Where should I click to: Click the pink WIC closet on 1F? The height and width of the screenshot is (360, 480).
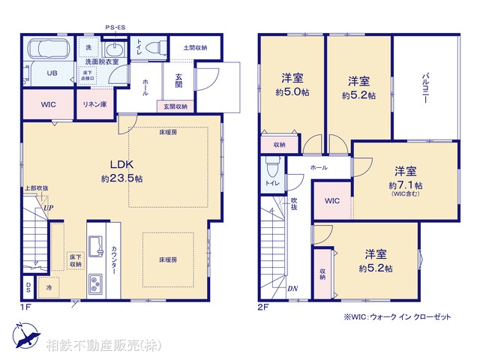coord(47,104)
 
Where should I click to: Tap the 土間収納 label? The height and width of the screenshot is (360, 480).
coord(195,48)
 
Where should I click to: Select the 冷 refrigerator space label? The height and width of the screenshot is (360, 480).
coord(49,286)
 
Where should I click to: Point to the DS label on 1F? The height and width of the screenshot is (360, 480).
coord(28,286)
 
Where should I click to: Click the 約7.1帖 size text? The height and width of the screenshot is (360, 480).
coord(405,184)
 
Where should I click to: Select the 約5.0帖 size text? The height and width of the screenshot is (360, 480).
coord(292,95)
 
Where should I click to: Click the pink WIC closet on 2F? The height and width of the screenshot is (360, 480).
coord(332,201)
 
